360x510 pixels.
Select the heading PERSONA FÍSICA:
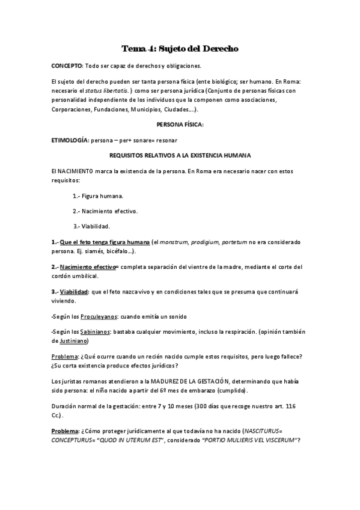coord(180,124)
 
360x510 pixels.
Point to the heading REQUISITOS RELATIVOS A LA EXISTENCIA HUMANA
coord(180,155)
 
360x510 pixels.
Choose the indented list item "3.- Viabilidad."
coord(91,226)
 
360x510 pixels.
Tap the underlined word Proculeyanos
coord(99,316)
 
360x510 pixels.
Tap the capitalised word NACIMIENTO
coord(78,171)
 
